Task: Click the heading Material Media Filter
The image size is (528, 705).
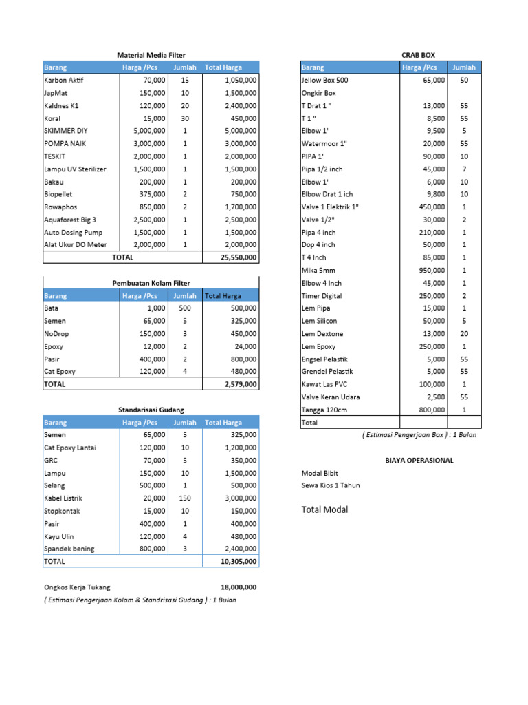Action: click(x=151, y=55)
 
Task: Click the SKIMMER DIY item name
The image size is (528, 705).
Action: click(x=65, y=131)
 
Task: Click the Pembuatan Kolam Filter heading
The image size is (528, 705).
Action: click(x=151, y=283)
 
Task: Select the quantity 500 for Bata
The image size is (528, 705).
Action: click(x=185, y=308)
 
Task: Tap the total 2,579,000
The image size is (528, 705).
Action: click(x=241, y=384)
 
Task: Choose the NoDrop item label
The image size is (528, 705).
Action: click(x=56, y=334)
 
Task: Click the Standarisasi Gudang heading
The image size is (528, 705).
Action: click(x=151, y=410)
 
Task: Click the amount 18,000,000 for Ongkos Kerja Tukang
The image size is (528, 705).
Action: click(x=239, y=587)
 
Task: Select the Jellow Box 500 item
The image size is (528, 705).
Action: click(x=324, y=80)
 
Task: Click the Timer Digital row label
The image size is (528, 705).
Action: click(x=321, y=296)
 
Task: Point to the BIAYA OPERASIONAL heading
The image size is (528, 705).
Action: click(x=419, y=460)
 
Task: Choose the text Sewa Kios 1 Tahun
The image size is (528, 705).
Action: click(x=331, y=485)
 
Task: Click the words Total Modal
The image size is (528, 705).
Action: click(x=324, y=509)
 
